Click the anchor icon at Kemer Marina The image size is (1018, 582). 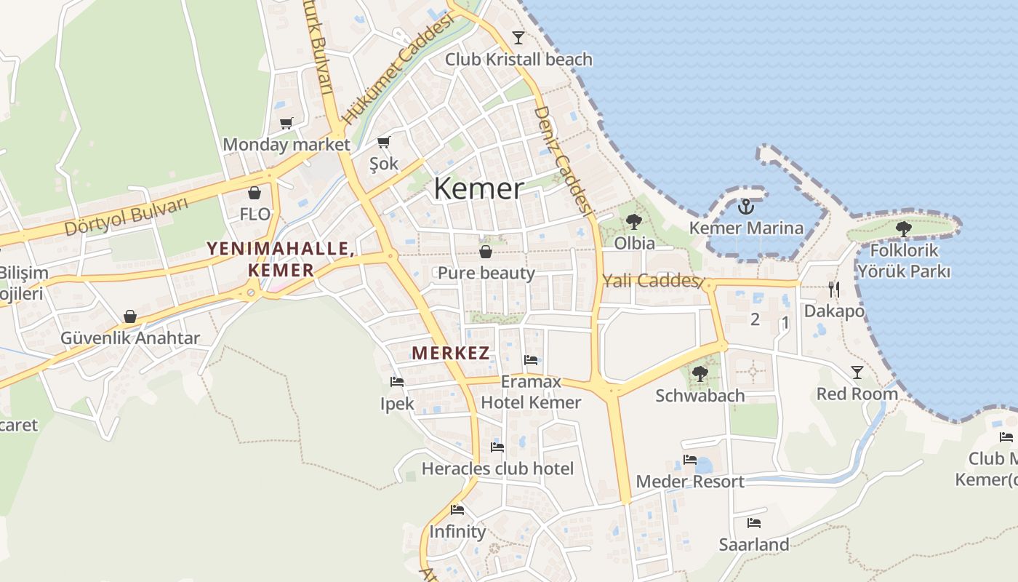[745, 207]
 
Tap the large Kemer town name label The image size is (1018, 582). [478, 188]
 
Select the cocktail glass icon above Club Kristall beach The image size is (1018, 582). [518, 38]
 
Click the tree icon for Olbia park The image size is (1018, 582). [634, 222]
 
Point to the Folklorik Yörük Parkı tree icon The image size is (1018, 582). [904, 229]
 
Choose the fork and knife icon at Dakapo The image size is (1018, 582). [834, 290]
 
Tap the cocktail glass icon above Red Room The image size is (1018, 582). [857, 372]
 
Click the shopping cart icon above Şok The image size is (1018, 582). [384, 142]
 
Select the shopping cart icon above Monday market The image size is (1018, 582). [286, 123]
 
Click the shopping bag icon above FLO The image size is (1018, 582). [254, 193]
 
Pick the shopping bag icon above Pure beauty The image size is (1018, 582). [486, 252]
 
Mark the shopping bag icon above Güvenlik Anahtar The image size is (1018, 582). [130, 316]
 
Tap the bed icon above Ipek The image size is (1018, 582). [397, 381]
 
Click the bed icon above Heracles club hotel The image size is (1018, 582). [497, 447]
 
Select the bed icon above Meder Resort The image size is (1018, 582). [690, 459]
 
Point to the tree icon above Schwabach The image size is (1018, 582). [700, 374]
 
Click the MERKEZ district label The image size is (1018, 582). [450, 354]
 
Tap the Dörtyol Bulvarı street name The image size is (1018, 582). [127, 217]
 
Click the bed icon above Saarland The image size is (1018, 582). [754, 522]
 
